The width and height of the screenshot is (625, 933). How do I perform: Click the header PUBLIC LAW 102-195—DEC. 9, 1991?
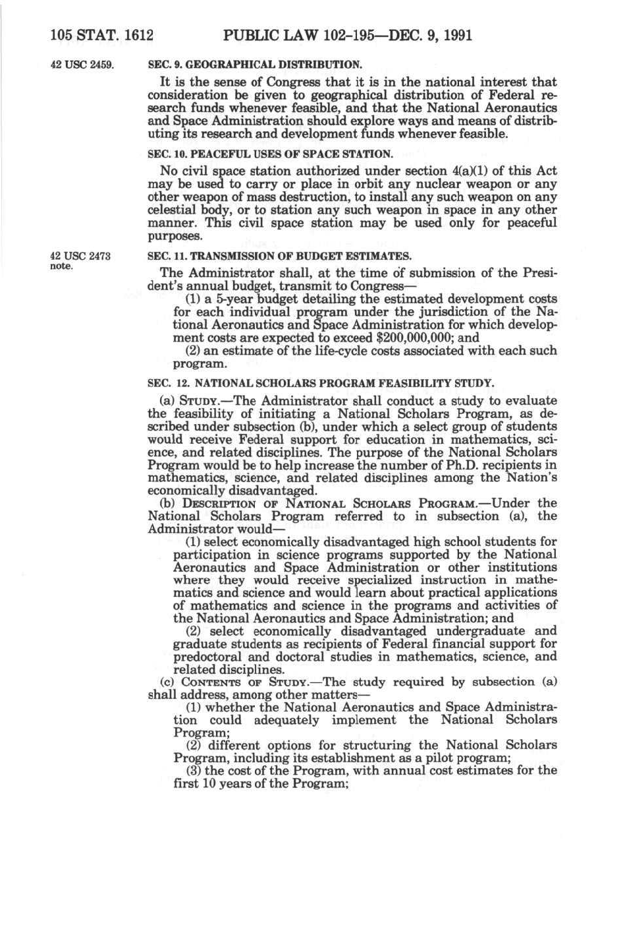click(x=348, y=34)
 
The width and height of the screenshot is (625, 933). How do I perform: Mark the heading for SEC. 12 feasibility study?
click(x=321, y=382)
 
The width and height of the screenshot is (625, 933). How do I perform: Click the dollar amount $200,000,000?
click(x=412, y=338)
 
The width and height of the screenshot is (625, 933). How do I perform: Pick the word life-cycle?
click(x=340, y=351)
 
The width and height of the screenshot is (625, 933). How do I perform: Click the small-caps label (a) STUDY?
click(x=192, y=401)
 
